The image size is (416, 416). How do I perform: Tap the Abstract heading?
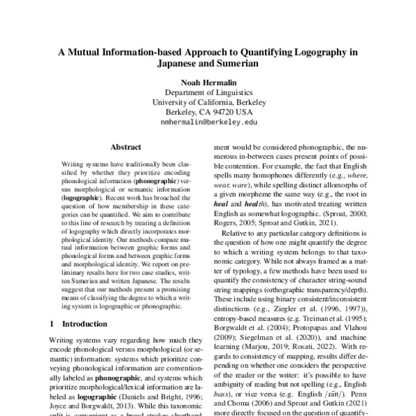tap(125, 147)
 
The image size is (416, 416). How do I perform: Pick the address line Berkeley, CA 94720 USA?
tap(208, 110)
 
